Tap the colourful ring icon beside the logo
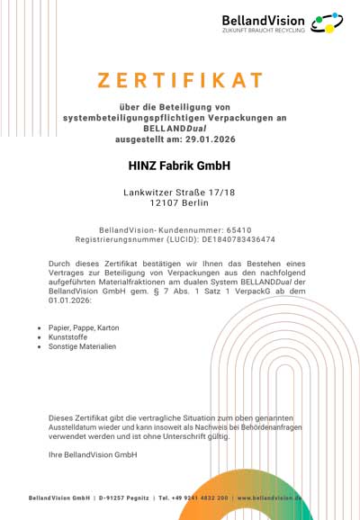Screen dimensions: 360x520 [326, 23]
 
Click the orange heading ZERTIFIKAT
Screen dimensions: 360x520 [180, 80]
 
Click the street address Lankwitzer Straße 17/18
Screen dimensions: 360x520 [180, 193]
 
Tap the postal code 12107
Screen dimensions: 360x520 [146, 205]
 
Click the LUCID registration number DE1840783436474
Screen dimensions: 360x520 [237, 240]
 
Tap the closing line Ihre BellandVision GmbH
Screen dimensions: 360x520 [92, 455]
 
